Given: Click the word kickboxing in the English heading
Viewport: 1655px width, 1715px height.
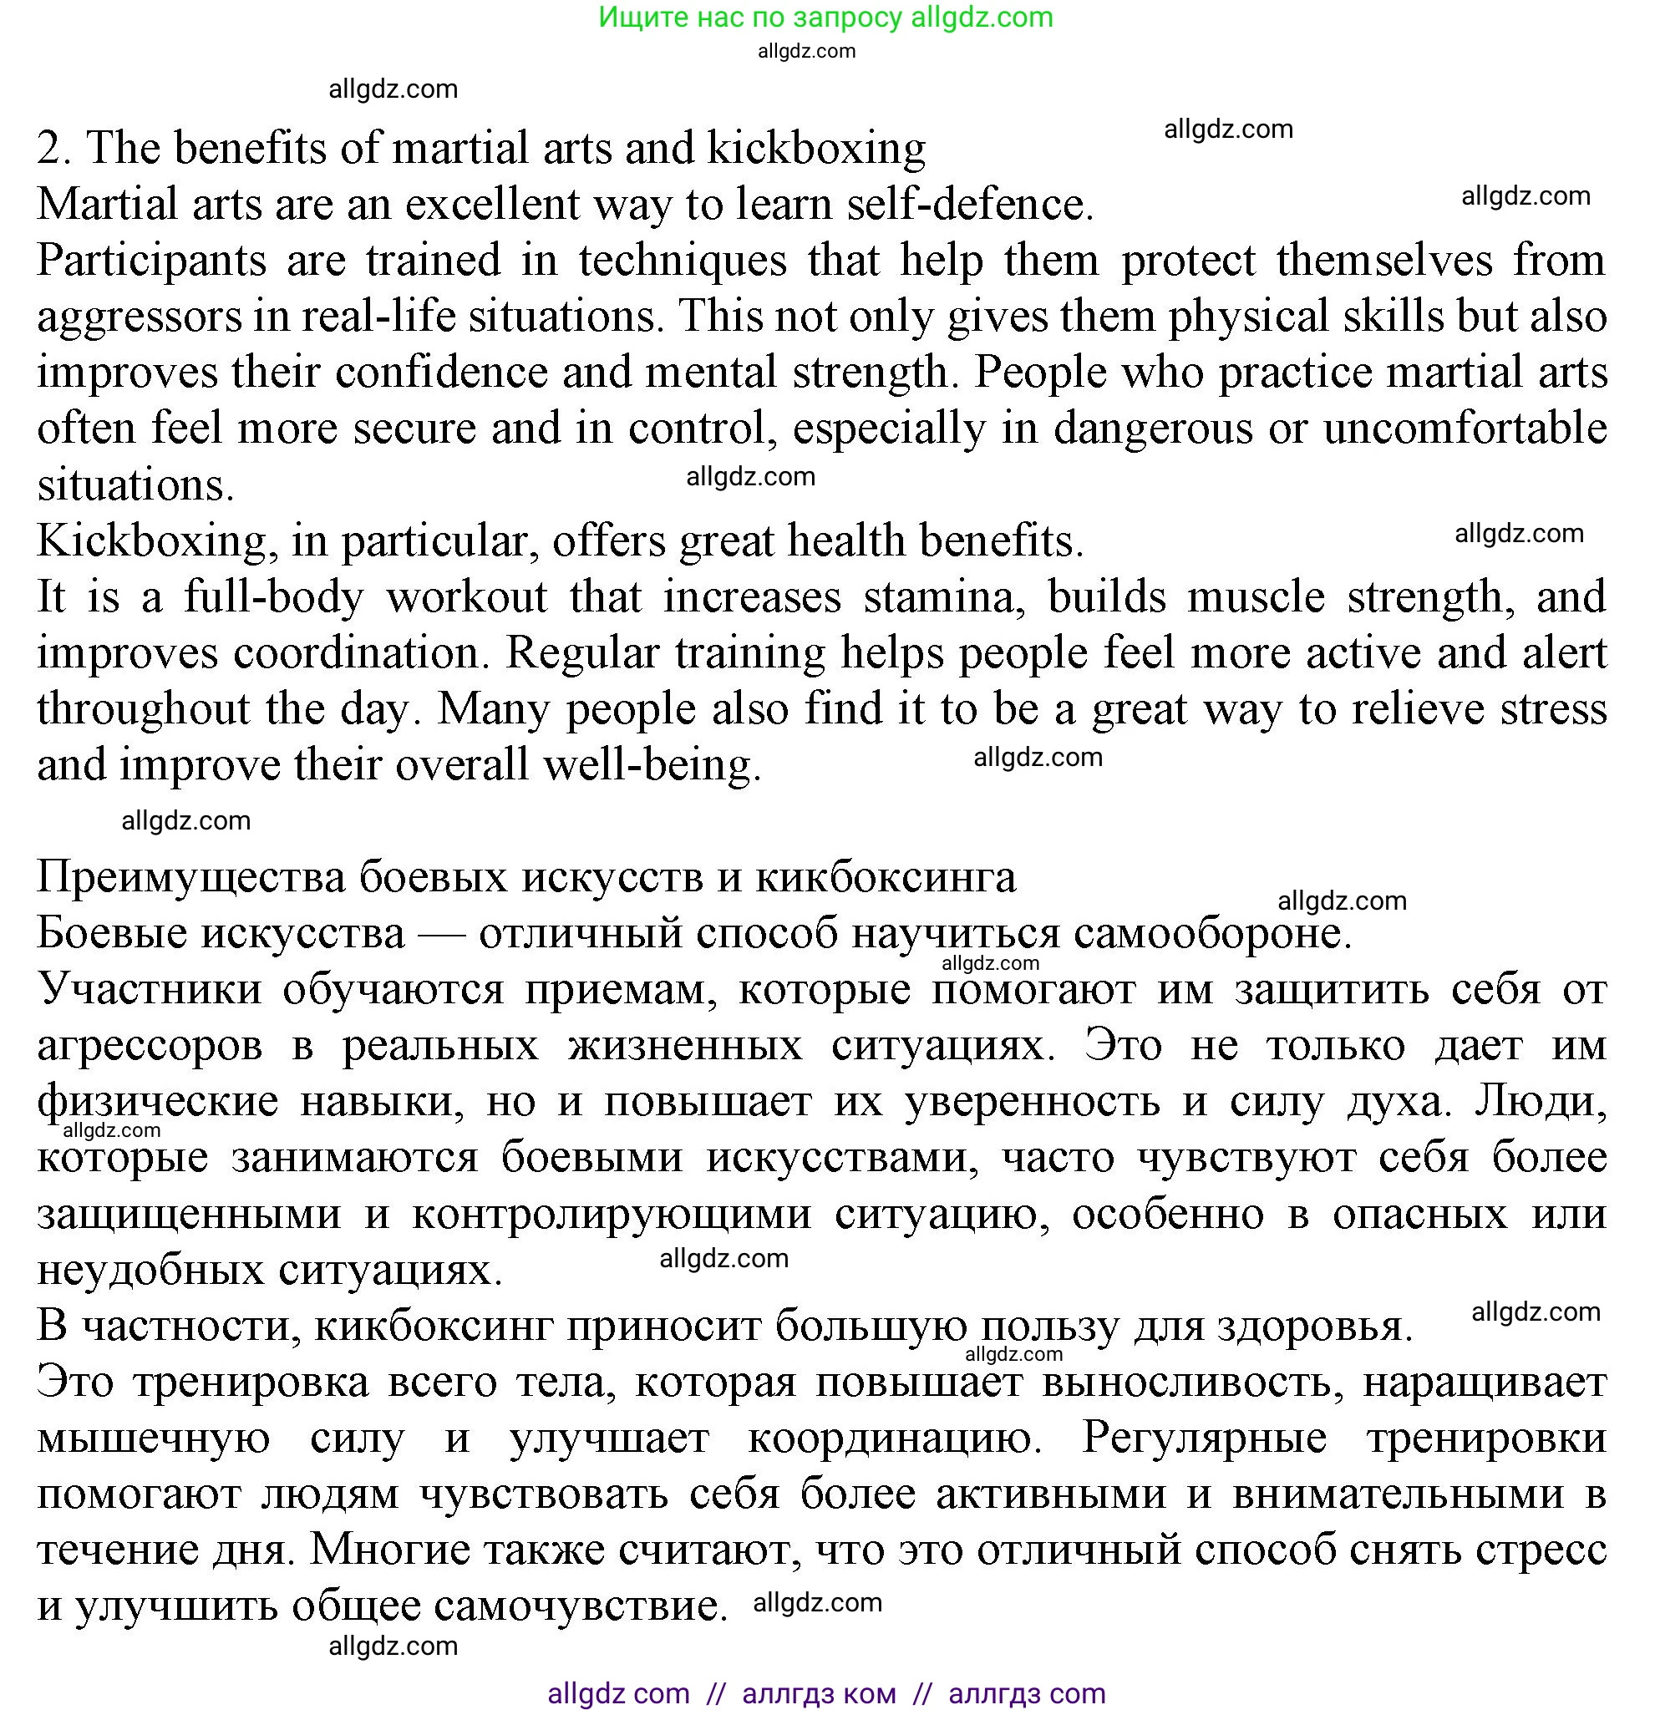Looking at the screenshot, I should pos(815,149).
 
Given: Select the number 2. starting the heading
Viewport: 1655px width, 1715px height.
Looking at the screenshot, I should pos(54,149).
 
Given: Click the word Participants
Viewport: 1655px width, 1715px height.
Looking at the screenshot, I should pos(151,261).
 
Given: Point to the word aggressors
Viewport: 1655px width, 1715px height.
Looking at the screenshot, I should pos(140,317).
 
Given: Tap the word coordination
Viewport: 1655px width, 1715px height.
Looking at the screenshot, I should pos(358,653).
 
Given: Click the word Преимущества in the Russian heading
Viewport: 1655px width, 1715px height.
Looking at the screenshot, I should pos(190,878).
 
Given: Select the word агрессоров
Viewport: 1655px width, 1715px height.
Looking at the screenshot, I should pos(150,1046).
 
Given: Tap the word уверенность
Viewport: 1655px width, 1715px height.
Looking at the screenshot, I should pos(1032,1102).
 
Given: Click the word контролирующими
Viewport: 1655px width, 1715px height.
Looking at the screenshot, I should pos(611,1214).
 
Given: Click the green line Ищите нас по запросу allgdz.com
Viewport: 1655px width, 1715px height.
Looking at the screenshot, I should pos(825,17).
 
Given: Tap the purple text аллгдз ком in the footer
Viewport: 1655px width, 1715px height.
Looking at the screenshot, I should pos(819,1693).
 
